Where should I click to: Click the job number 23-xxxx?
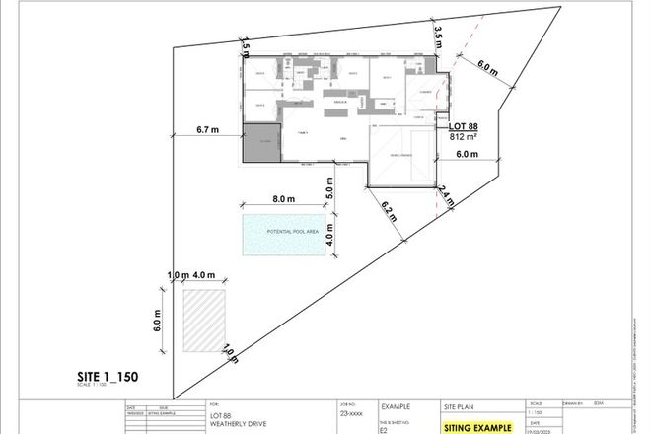click(x=351, y=416)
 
